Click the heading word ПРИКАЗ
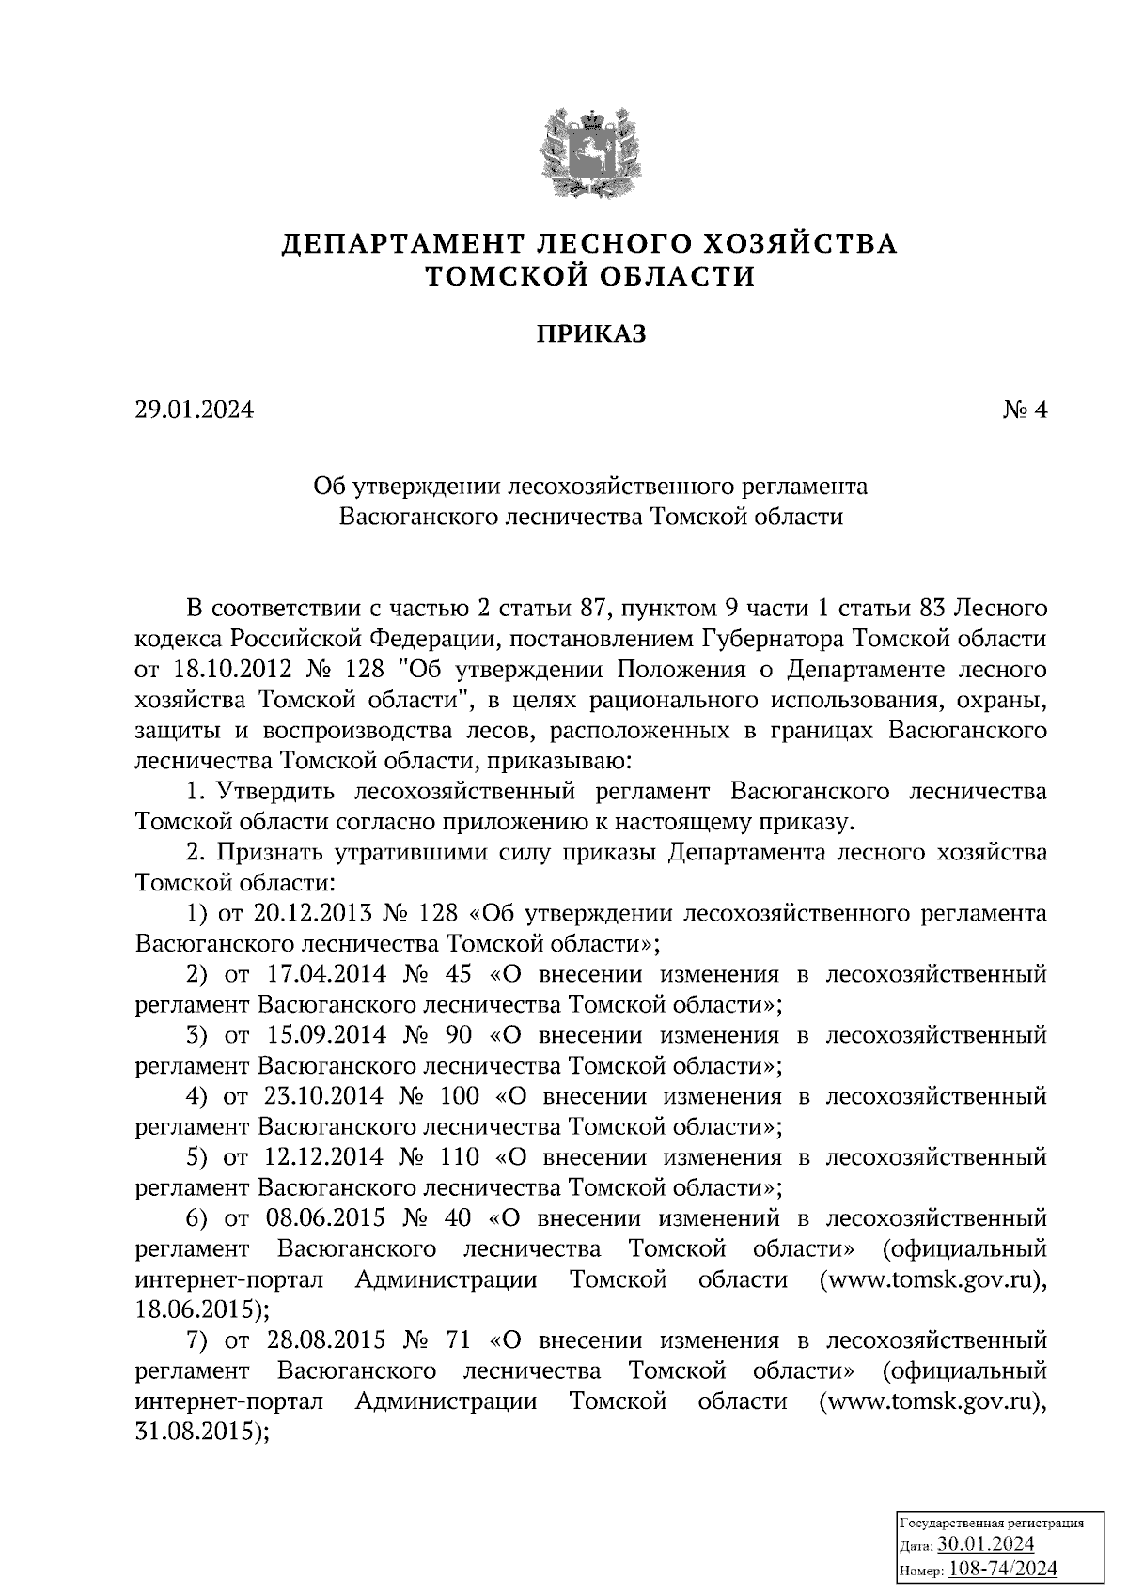pos(591,334)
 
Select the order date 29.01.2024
pos(195,410)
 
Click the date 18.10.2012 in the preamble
pos(227,670)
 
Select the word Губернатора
pos(770,640)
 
